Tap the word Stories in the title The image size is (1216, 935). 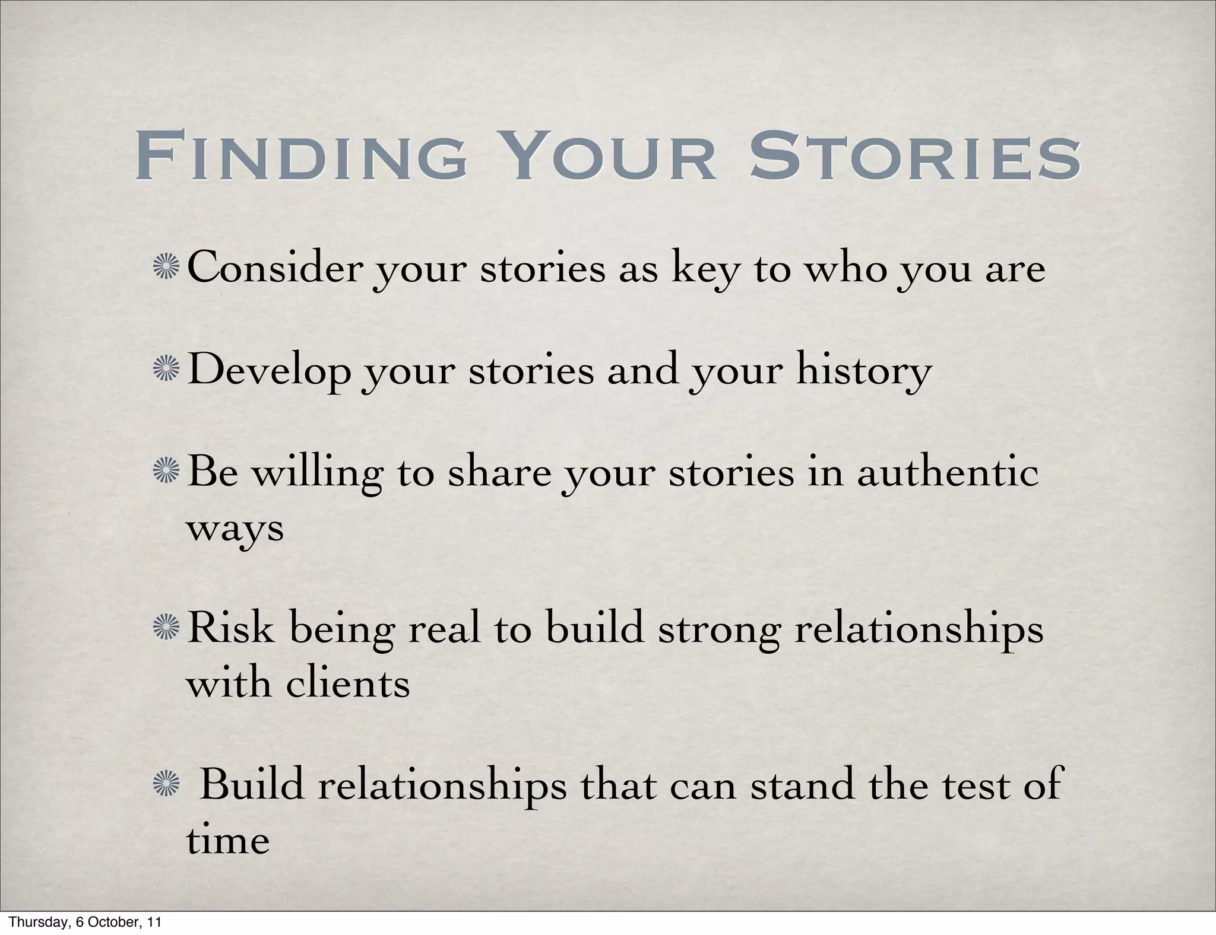click(915, 157)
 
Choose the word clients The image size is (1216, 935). click(347, 684)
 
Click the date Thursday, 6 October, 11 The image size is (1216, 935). click(85, 923)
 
